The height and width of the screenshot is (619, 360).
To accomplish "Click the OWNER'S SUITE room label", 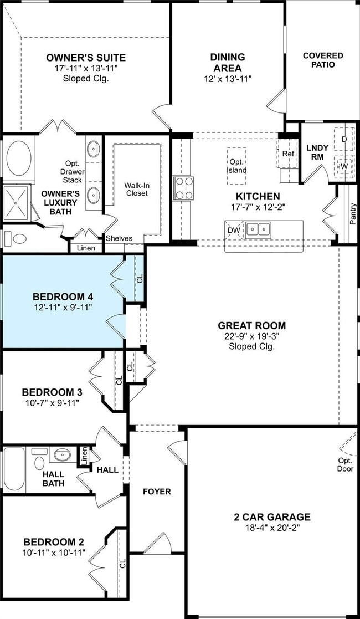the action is (x=86, y=58).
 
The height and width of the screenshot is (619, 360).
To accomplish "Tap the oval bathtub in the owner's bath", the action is (x=18, y=158).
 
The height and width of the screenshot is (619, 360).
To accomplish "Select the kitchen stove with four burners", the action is (x=183, y=188).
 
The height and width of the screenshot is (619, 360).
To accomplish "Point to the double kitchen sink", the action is (x=258, y=229).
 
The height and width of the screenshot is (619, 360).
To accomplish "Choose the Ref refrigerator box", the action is (x=287, y=154).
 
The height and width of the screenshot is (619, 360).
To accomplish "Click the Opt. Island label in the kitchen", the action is (x=236, y=166).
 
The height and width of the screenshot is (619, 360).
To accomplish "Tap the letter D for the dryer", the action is (x=344, y=139).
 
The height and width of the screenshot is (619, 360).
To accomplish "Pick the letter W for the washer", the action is (x=344, y=167).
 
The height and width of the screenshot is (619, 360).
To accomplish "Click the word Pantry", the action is (x=353, y=214).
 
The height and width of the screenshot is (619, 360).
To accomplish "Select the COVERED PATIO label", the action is (x=323, y=60).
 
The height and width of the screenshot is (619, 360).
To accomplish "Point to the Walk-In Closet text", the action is (x=136, y=189).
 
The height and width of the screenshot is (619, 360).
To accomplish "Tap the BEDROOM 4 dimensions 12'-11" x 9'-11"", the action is (x=63, y=307).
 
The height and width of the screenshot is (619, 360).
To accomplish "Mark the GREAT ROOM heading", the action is (x=252, y=326).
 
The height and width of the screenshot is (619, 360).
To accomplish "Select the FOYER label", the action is (x=157, y=492).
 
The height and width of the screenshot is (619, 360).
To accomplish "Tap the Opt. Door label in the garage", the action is (x=344, y=464).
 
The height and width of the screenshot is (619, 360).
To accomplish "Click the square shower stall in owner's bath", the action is (x=16, y=203).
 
